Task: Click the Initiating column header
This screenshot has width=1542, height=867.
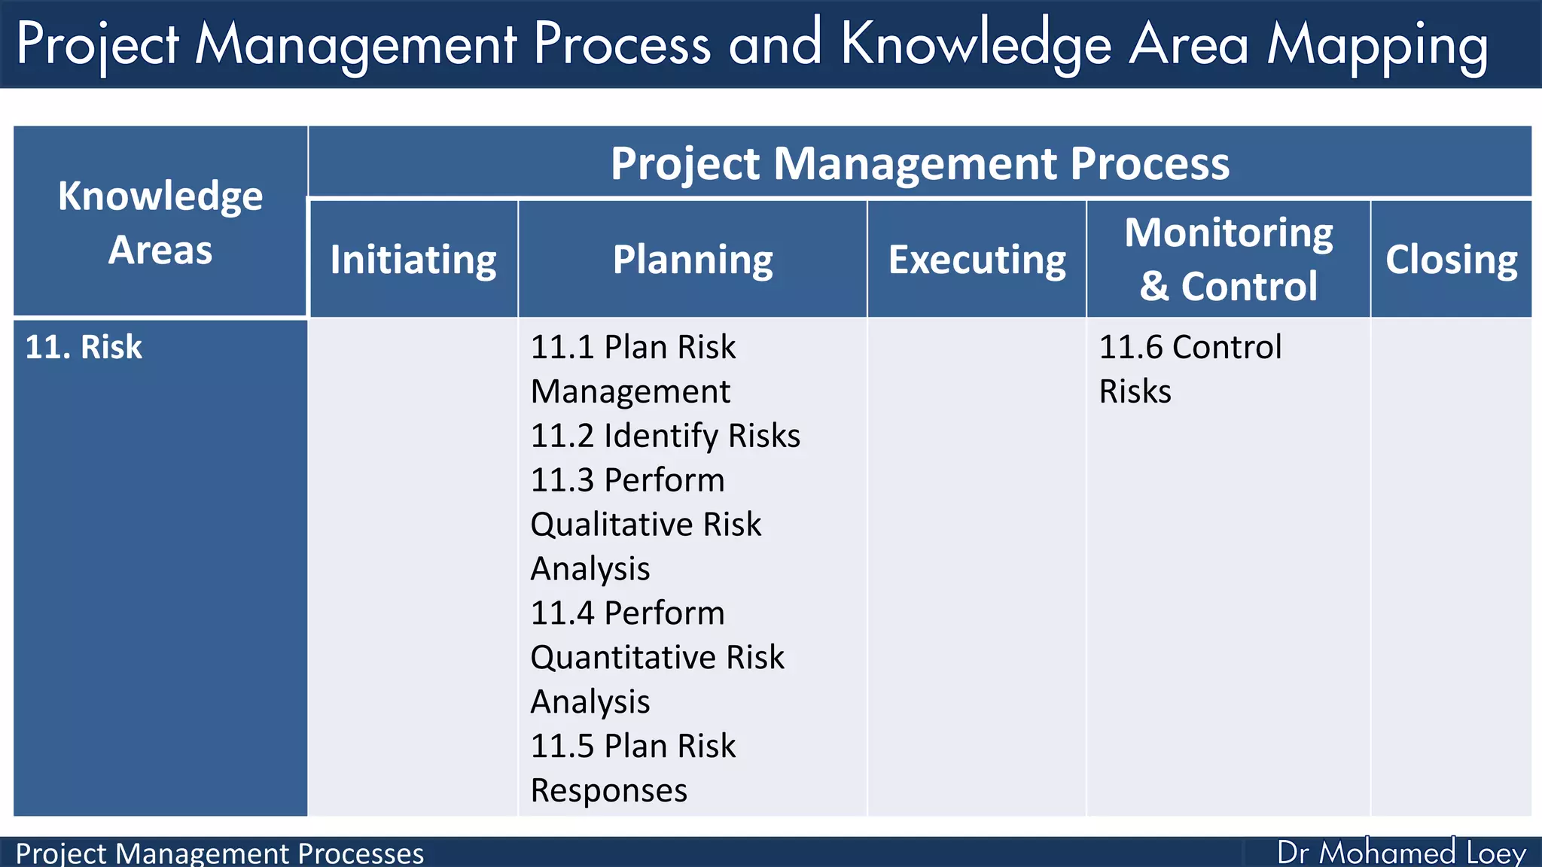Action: point(413,260)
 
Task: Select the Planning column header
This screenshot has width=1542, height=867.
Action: point(692,260)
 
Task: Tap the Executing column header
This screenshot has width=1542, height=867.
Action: point(977,260)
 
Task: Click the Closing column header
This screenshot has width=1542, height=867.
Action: point(1451,260)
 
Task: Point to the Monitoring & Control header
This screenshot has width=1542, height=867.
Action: point(1228,259)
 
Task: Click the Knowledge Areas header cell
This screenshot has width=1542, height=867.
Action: point(160,222)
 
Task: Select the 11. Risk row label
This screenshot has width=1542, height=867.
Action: point(84,347)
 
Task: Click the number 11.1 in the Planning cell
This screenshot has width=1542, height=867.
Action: point(562,347)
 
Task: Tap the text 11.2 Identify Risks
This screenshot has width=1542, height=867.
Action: point(665,436)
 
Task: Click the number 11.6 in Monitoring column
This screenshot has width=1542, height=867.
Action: point(1130,347)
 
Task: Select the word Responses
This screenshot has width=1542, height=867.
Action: point(608,791)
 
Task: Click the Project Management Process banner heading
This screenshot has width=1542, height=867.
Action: point(919,163)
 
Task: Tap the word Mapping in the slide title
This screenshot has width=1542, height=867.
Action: point(1377,45)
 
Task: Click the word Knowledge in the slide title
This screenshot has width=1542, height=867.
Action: point(976,45)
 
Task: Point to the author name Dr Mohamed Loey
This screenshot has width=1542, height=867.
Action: point(1400,853)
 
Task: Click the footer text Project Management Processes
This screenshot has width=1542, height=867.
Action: point(219,853)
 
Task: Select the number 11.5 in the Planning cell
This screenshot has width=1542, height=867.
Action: point(562,747)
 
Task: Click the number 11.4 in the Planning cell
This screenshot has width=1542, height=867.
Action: point(562,613)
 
